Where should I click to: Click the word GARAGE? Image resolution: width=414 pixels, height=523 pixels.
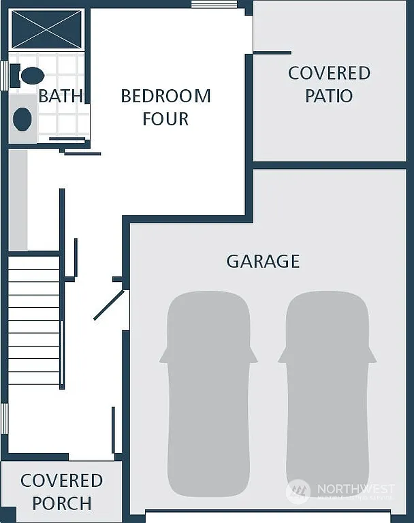[263, 261]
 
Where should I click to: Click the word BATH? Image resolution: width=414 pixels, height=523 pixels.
[61, 96]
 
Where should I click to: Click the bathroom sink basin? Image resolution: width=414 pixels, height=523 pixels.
[22, 119]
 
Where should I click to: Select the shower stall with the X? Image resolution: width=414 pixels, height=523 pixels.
[47, 29]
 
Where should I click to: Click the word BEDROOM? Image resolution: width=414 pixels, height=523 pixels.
[165, 96]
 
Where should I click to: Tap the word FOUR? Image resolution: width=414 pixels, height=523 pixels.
[165, 118]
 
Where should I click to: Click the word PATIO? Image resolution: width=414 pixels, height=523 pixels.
[329, 96]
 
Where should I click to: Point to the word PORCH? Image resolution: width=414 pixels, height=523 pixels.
[62, 504]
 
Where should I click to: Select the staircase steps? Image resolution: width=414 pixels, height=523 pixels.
[34, 320]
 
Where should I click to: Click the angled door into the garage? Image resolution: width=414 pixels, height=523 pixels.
[109, 305]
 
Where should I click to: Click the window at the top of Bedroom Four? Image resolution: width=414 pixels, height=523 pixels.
[204, 4]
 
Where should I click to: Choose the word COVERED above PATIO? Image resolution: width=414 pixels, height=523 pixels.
[329, 73]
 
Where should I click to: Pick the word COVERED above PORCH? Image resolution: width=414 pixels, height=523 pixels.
[62, 481]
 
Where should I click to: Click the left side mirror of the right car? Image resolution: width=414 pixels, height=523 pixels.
[282, 355]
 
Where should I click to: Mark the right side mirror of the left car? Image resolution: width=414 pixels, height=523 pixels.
[253, 355]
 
